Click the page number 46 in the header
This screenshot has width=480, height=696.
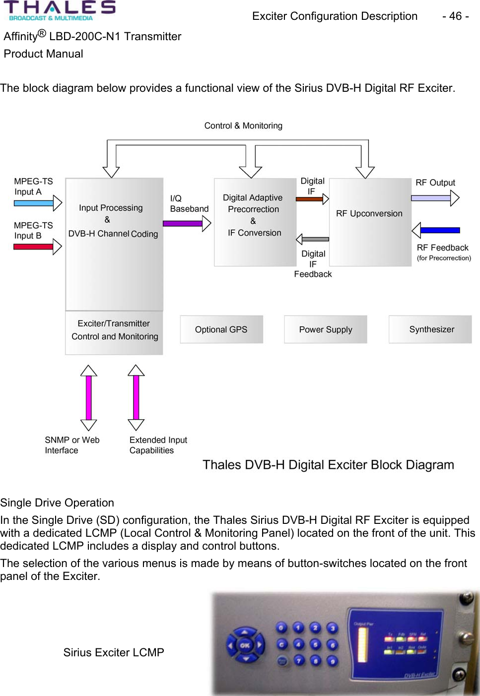(455, 16)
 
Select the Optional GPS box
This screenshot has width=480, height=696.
(221, 329)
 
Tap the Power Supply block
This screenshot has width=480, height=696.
(326, 329)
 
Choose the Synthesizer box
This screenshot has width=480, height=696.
(430, 329)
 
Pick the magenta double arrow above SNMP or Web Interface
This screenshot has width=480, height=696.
(88, 397)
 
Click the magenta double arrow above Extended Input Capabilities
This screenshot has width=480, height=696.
(136, 397)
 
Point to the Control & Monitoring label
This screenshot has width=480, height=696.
(243, 126)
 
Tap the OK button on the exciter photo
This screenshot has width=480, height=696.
(245, 645)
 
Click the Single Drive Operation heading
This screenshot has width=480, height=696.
(57, 503)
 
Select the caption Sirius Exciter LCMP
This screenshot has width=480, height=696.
(114, 652)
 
